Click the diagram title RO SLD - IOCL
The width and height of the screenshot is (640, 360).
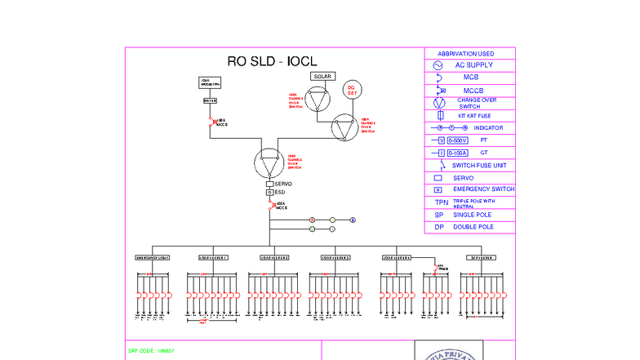[272, 62]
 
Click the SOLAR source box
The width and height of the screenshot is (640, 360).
[322, 76]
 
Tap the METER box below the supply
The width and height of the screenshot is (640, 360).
[210, 100]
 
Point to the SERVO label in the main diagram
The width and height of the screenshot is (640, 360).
[283, 184]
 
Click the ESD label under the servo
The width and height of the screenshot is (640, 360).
[280, 193]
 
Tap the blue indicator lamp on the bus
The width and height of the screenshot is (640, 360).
[353, 220]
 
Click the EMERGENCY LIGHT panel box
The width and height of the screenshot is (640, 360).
[152, 257]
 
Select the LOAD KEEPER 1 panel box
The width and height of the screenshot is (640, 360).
[214, 257]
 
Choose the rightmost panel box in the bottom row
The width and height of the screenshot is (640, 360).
[483, 257]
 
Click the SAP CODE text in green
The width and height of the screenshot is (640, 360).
[151, 350]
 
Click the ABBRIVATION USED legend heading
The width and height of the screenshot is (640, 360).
[470, 53]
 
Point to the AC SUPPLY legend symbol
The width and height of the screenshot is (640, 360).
[438, 64]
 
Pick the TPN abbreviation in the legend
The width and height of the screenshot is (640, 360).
[442, 202]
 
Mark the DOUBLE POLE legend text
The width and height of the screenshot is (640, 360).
[473, 227]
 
